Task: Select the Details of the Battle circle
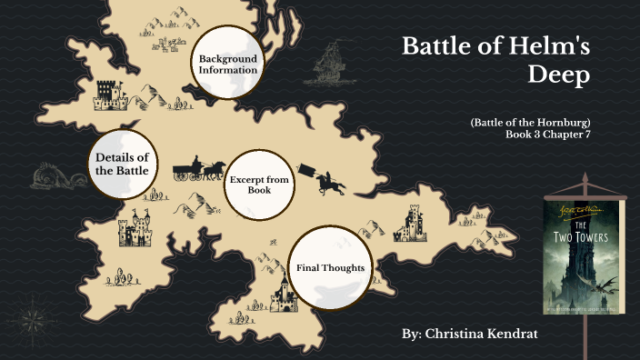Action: coord(121,165)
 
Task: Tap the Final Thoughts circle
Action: coord(330,268)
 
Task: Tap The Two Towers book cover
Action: coord(582,259)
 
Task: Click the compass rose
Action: coord(33,318)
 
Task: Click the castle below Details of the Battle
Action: coord(135,230)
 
